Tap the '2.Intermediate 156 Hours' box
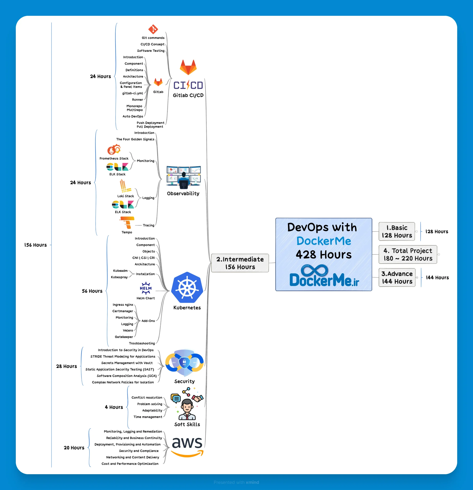coord(240,263)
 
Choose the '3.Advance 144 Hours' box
coord(397,278)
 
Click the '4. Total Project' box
coord(408,255)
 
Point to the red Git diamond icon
coord(153,29)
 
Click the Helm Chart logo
coord(146,288)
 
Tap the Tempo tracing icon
coord(127,222)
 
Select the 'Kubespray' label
coord(119,277)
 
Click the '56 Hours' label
coord(92,291)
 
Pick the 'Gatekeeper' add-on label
coord(124,337)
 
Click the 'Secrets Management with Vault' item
coord(127,363)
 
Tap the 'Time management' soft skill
coord(148,417)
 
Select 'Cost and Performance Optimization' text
coord(130,464)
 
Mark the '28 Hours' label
coord(66,366)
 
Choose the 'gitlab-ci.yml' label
coord(132,93)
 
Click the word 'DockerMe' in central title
coord(324,241)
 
